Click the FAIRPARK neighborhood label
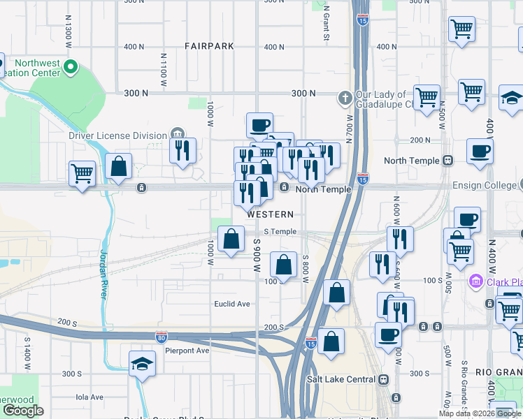point(209,46)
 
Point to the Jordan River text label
point(104,274)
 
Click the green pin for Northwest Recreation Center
point(69,68)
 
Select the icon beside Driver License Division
point(177,135)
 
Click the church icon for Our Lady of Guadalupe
point(344,98)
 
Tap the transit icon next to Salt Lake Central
point(383,379)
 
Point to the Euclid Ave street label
point(232,304)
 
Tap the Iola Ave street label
point(89,397)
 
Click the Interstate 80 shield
point(161,337)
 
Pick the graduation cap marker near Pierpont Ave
point(143,363)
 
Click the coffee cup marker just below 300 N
point(259,126)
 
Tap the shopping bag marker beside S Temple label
point(231,240)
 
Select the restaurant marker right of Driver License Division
point(182,150)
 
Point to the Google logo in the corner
point(24,411)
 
